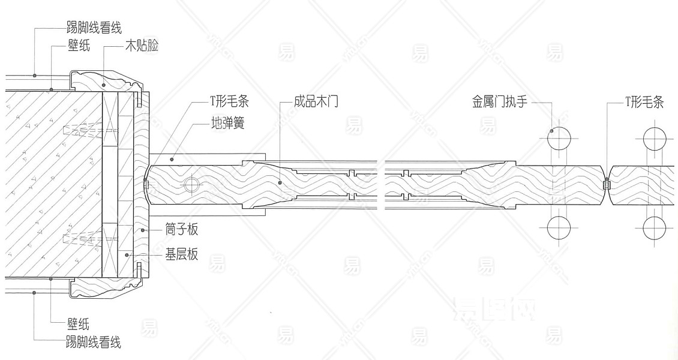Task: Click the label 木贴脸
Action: [x=142, y=46]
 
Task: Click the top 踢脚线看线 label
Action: [x=94, y=28]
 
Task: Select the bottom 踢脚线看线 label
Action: [x=94, y=343]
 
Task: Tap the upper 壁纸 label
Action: [x=79, y=46]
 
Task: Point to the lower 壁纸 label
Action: [x=79, y=325]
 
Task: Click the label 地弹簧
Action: [x=227, y=124]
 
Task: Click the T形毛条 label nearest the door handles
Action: [x=644, y=102]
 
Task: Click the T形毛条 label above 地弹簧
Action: [x=227, y=102]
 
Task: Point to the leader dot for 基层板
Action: [x=127, y=255]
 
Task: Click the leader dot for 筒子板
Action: [x=142, y=230]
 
